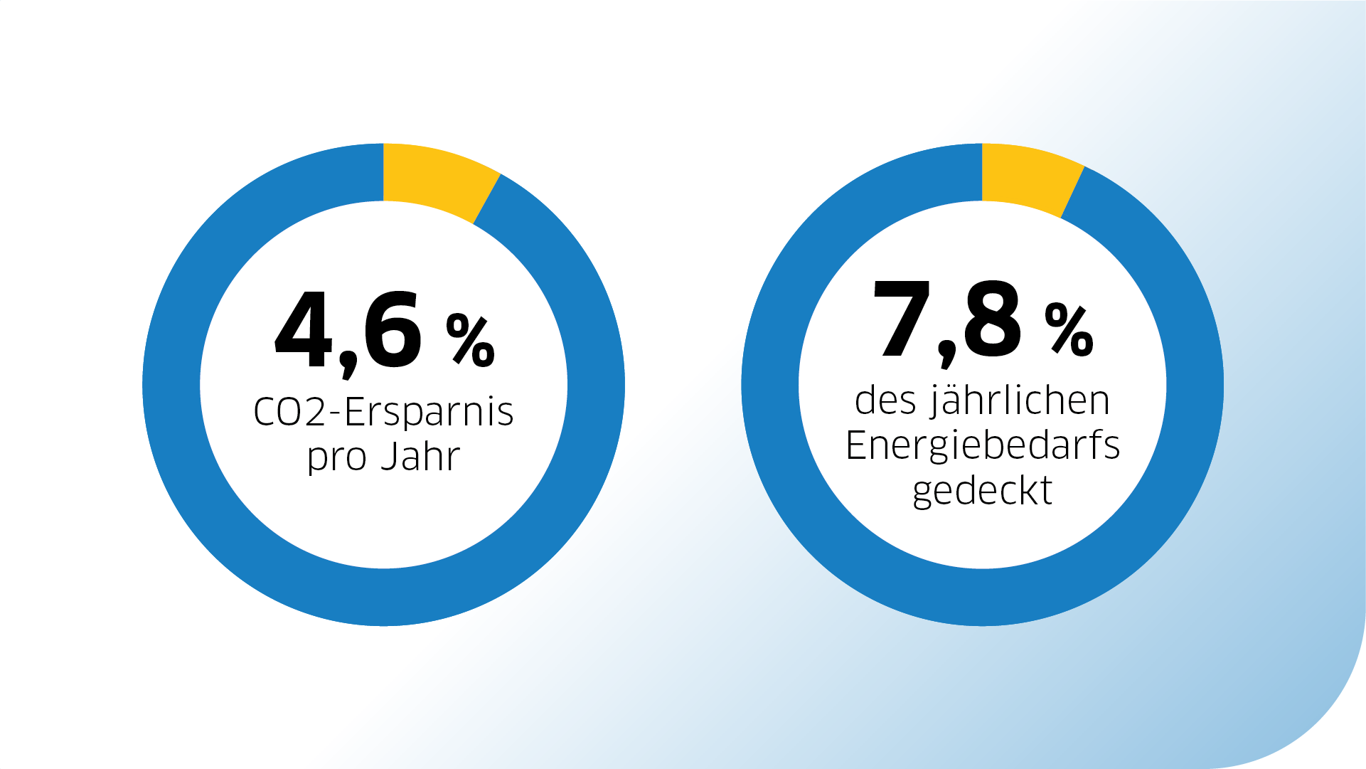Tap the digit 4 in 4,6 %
click(x=304, y=331)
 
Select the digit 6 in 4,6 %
click(x=392, y=331)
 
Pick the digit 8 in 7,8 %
click(x=993, y=319)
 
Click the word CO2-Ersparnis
click(x=383, y=412)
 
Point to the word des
click(x=885, y=401)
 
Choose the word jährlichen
click(x=1020, y=401)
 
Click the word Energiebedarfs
click(x=983, y=446)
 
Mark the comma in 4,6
click(x=348, y=366)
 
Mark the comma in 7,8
click(x=946, y=355)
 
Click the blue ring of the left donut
click(x=171, y=384)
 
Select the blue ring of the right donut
click(x=770, y=384)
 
